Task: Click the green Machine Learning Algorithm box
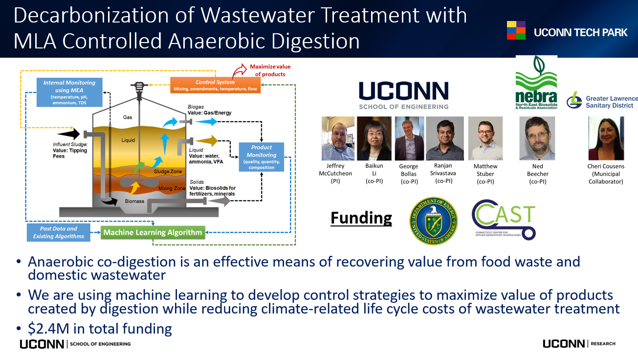tap(153, 232)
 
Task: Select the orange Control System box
tap(215, 85)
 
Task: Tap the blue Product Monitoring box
tap(262, 157)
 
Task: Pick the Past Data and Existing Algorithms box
tap(59, 232)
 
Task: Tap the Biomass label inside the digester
tap(134, 201)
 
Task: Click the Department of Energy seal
tap(433, 221)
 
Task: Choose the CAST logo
tap(504, 220)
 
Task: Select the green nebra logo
tap(536, 82)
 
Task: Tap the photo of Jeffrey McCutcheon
tap(338, 138)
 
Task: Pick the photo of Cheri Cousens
tap(606, 138)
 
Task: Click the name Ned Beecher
tap(537, 170)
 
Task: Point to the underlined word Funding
tap(361, 218)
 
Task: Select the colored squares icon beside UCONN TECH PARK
tap(516, 30)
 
